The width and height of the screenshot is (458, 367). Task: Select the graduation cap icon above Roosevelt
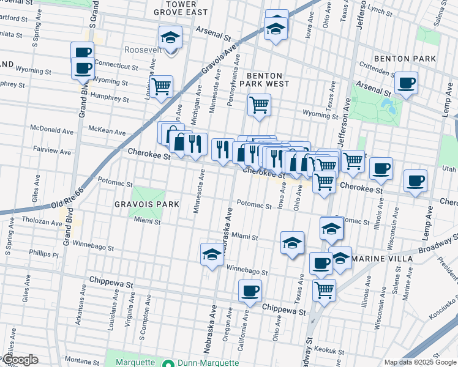[170, 36]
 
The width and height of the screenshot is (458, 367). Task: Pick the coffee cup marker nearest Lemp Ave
[415, 180]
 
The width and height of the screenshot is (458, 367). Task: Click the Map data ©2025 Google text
[419, 362]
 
